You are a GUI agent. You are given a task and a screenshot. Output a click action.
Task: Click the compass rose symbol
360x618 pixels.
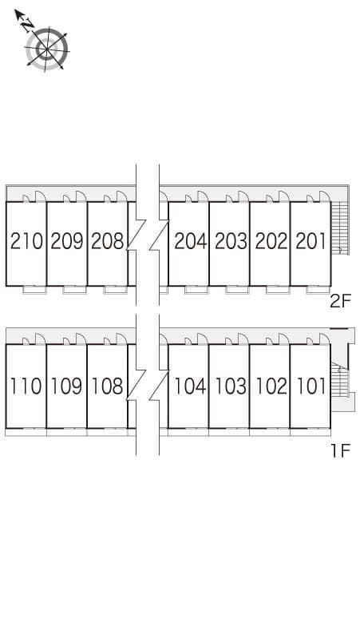(47, 48)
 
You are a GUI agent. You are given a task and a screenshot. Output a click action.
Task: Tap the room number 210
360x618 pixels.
(26, 240)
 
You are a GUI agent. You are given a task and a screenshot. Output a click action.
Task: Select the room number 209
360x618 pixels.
(67, 240)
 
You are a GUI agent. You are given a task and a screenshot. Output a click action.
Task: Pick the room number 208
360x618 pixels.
(107, 240)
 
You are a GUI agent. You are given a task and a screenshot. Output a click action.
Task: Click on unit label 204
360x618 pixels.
(190, 240)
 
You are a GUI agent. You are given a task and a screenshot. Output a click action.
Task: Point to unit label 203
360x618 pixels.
(231, 240)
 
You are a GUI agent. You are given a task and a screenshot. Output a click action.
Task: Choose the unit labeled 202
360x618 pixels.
(271, 240)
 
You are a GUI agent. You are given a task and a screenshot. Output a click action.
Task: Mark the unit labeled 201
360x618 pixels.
(311, 240)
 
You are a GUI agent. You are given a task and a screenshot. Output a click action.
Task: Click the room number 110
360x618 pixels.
(26, 386)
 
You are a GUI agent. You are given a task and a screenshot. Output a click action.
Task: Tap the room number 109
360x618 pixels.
(67, 386)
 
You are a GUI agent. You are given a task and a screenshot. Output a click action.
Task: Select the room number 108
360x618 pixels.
(107, 386)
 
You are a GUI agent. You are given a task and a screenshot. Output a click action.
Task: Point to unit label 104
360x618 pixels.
(190, 386)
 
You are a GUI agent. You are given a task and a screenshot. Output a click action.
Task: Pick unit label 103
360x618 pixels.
(231, 386)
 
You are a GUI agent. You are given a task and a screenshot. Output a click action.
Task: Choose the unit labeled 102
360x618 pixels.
(271, 386)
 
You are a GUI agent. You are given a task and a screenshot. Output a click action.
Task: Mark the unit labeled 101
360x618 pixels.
(311, 386)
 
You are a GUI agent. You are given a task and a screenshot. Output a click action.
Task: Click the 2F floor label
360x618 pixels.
(341, 303)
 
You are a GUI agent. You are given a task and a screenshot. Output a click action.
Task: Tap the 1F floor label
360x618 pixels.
(341, 451)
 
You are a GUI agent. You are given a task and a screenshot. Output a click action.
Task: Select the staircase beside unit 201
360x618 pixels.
(340, 228)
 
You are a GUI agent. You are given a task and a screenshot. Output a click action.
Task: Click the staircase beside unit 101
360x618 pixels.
(341, 380)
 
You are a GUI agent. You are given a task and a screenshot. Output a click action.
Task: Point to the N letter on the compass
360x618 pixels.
(27, 25)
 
